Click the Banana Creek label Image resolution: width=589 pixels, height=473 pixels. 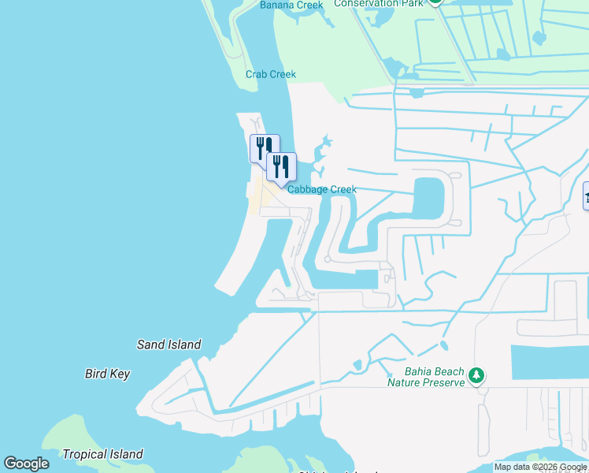click(x=291, y=6)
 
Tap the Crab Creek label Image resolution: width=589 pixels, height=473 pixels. click(x=270, y=74)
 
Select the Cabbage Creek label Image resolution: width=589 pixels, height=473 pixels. click(x=322, y=189)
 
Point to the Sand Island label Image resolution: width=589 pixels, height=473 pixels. click(x=169, y=345)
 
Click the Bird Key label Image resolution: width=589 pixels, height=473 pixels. click(x=107, y=374)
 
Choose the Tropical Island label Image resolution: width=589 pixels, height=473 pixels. click(x=102, y=454)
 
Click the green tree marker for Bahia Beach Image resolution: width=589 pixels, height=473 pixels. click(x=476, y=374)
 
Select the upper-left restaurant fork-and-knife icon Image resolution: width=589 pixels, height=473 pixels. click(x=264, y=147)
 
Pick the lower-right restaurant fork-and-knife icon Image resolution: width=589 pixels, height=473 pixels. click(x=281, y=166)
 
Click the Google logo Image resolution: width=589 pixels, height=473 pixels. click(x=26, y=464)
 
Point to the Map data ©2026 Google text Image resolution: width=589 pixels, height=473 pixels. click(x=540, y=467)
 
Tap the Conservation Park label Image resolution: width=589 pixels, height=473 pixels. click(x=378, y=3)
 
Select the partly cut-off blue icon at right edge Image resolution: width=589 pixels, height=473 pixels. click(x=586, y=196)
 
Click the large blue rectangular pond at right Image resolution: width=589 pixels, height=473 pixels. click(x=550, y=363)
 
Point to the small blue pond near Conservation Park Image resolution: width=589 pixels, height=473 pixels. click(x=539, y=37)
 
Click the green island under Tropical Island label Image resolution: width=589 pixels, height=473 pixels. click(x=71, y=441)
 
